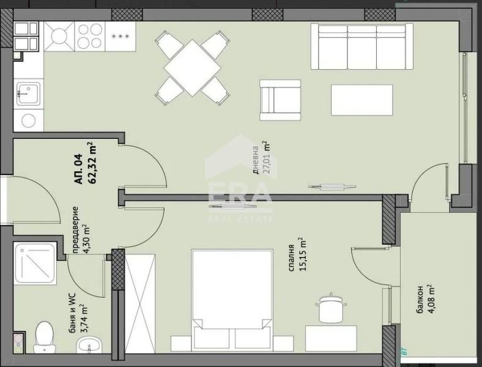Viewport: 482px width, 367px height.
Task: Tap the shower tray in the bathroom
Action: (35, 263)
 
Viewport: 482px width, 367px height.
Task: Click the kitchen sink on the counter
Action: (28, 92)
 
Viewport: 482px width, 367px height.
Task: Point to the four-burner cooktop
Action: (90, 36)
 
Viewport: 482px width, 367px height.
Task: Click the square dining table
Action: (192, 68)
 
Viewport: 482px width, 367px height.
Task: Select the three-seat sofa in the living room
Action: (362, 46)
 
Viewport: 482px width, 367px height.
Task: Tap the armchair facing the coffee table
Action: (280, 100)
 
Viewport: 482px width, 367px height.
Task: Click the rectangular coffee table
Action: (362, 100)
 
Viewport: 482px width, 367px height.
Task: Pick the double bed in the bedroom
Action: (232, 300)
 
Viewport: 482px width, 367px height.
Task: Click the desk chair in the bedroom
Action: (330, 308)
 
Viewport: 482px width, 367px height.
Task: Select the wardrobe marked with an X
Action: (140, 303)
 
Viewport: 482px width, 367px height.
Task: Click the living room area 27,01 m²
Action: (266, 157)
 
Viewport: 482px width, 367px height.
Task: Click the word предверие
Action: (76, 230)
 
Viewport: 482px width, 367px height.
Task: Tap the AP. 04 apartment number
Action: (79, 169)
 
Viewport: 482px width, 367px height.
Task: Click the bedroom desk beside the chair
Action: (331, 338)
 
